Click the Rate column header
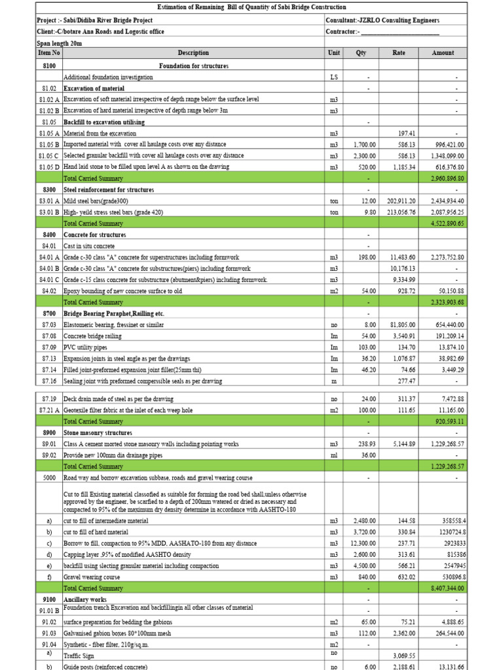(398, 53)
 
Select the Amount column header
(443, 53)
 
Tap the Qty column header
(360, 53)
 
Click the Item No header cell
(49, 53)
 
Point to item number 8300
(49, 190)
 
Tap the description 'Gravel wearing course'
(92, 577)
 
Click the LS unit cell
(334, 77)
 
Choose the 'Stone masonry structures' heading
(98, 433)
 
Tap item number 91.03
(49, 633)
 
